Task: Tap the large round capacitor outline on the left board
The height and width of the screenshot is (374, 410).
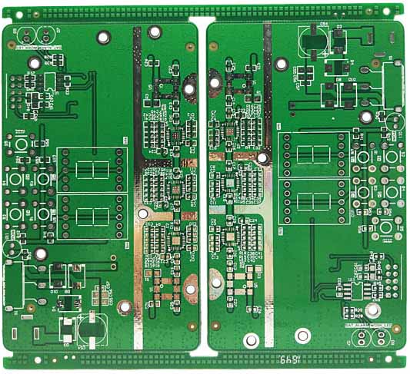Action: [91, 327]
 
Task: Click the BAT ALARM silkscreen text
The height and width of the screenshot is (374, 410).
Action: [357, 326]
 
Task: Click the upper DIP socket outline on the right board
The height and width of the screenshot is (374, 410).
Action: [314, 154]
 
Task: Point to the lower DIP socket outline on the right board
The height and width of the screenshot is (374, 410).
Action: [314, 200]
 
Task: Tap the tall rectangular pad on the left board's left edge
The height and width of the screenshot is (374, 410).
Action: [15, 285]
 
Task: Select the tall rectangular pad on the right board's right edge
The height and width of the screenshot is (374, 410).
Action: [393, 84]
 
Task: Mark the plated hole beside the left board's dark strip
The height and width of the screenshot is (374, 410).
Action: [154, 32]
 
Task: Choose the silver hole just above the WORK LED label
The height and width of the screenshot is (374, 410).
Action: [372, 310]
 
